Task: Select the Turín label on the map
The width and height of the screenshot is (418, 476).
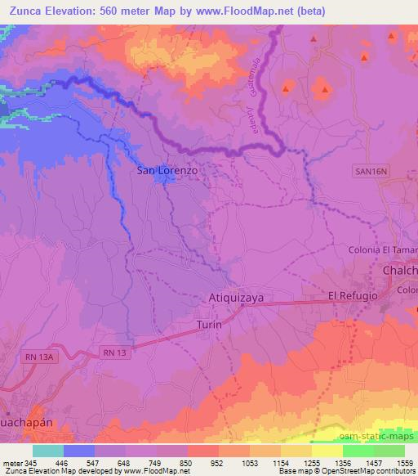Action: click(x=210, y=325)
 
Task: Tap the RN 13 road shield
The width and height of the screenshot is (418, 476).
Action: click(x=116, y=352)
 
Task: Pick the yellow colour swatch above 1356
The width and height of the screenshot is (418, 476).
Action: click(x=327, y=451)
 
